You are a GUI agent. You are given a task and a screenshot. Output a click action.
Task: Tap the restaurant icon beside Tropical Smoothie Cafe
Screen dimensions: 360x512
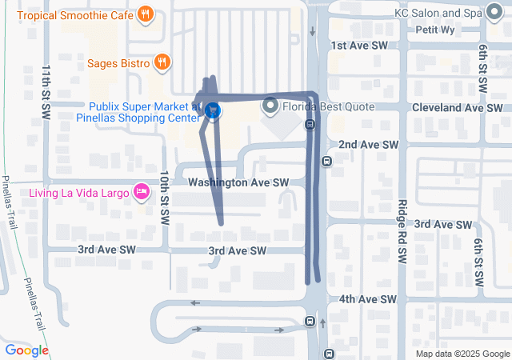pyautogui.click(x=145, y=13)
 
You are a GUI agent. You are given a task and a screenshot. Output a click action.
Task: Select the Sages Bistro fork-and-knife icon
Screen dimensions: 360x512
pyautogui.click(x=162, y=62)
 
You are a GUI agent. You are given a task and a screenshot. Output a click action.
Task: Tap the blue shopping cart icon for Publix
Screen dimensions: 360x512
pyautogui.click(x=212, y=110)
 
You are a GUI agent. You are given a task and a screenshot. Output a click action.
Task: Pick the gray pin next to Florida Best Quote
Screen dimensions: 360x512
pyautogui.click(x=270, y=105)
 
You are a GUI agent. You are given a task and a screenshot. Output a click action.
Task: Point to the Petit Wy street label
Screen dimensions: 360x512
pyautogui.click(x=436, y=30)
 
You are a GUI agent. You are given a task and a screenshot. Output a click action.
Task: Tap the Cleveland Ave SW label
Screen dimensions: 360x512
pyautogui.click(x=457, y=107)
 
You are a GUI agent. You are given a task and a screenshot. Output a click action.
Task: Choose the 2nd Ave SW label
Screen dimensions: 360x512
pyautogui.click(x=368, y=144)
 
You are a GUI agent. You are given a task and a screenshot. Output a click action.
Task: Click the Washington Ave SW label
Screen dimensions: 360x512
pyautogui.click(x=238, y=182)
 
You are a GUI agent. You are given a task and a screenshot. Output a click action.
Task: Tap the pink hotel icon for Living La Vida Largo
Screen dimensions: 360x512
pyautogui.click(x=142, y=191)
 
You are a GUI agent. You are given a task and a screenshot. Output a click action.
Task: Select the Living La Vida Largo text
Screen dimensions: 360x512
pyautogui.click(x=78, y=192)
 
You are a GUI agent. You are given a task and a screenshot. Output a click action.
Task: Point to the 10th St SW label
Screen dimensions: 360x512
pyautogui.click(x=164, y=197)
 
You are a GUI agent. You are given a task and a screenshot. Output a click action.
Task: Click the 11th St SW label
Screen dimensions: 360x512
pyautogui.click(x=47, y=83)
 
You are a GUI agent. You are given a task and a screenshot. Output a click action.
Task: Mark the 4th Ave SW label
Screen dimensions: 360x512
pyautogui.click(x=367, y=299)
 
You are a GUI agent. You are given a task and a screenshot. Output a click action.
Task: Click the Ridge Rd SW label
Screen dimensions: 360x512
pyautogui.click(x=402, y=230)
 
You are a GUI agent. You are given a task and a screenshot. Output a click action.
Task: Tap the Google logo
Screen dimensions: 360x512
pyautogui.click(x=26, y=350)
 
